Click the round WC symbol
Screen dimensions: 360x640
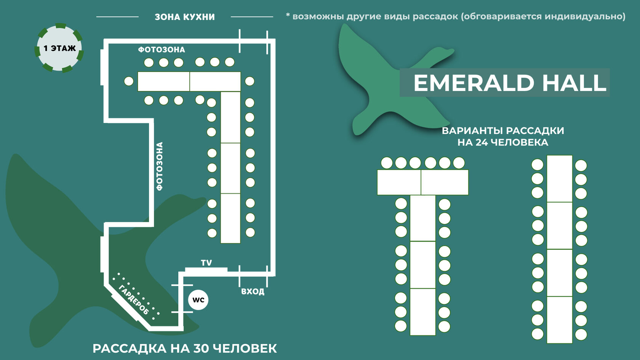198,300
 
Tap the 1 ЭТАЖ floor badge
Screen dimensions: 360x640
59,48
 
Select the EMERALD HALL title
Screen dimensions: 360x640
509,83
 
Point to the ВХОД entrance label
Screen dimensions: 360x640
253,292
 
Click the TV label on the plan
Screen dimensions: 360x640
206,263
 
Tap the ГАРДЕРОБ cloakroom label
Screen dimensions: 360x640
134,299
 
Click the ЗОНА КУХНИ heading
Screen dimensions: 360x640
185,17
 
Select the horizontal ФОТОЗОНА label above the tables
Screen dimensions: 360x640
162,50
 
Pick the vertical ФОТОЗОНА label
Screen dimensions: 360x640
160,166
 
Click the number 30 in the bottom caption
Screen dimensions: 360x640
201,349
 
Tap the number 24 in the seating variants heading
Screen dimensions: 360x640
482,142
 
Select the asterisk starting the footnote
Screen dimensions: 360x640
288,16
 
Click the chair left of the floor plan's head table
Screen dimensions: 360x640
129,81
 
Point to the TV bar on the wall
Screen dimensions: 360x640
206,270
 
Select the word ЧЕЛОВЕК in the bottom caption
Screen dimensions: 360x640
245,349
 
